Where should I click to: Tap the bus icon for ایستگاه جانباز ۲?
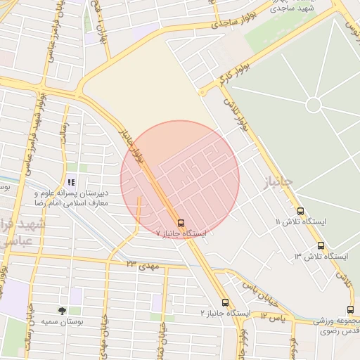click(225, 302)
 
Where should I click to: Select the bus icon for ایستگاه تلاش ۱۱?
click(301, 211)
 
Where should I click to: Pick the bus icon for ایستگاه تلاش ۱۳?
click(321, 246)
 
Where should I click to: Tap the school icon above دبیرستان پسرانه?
click(70, 182)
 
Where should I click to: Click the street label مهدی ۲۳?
click(143, 265)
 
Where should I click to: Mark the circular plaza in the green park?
click(314, 105)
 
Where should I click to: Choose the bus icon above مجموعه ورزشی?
click(349, 309)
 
